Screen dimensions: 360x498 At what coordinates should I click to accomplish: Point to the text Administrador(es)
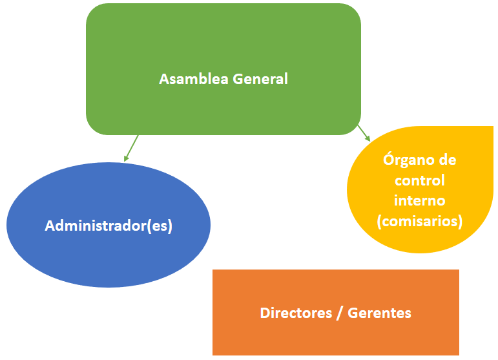coord(109,226)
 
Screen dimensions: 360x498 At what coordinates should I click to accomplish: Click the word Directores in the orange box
coord(294,313)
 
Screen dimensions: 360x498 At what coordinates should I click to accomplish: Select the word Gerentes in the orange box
coord(379,313)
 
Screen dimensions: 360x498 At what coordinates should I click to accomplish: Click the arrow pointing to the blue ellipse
coord(131,147)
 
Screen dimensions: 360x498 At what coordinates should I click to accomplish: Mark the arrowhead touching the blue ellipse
coord(126,157)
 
